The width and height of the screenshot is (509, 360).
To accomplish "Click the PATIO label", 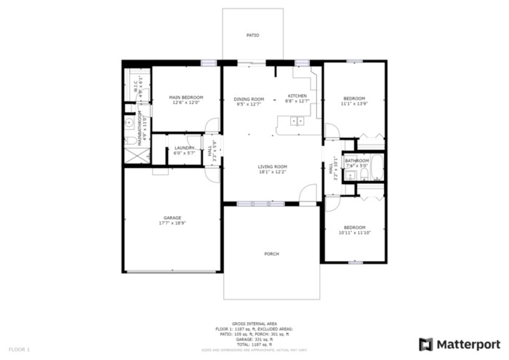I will click(252, 35).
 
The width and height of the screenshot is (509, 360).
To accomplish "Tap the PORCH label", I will click(271, 253).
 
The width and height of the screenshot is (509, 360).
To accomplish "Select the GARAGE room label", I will click(172, 217).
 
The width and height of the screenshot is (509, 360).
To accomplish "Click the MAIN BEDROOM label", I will click(185, 97).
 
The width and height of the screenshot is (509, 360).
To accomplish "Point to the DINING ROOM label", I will click(249, 99).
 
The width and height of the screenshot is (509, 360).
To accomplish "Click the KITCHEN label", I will click(297, 96).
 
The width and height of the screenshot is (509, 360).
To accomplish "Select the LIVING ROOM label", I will click(272, 167).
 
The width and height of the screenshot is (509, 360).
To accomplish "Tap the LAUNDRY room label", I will click(184, 148).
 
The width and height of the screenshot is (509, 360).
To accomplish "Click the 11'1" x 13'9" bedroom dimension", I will click(354, 104).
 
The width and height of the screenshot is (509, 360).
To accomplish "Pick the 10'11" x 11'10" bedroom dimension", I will click(354, 232).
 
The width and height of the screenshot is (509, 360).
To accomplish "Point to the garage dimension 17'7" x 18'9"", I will click(172, 223).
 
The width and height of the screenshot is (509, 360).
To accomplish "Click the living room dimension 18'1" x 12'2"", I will click(272, 172).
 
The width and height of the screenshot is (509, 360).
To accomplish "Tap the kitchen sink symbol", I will click(297, 121).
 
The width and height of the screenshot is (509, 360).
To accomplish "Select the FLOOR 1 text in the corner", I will click(19, 350).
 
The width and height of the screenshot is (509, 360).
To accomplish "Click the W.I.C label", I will click(135, 85).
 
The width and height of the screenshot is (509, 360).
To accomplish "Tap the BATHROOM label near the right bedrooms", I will click(357, 161).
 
